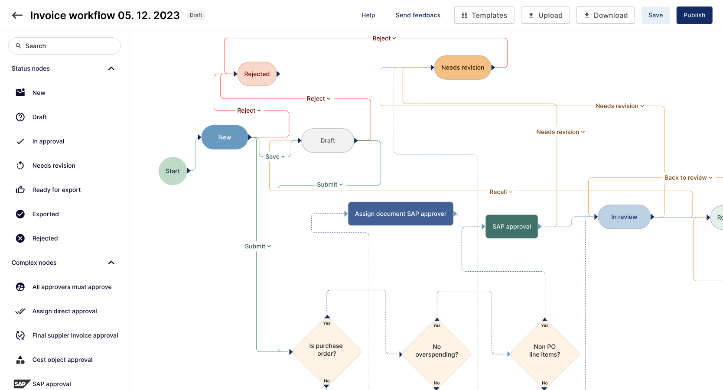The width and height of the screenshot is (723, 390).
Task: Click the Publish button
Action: coord(694,15)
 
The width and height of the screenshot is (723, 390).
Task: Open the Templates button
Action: coord(484,15)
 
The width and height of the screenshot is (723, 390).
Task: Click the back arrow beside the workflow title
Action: coord(17,15)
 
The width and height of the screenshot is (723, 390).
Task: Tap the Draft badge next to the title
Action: coord(195,15)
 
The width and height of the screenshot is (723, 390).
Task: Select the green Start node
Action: coord(173,171)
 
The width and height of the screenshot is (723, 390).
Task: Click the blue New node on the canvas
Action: coord(225,137)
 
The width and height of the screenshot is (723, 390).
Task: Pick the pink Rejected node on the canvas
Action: coord(257,74)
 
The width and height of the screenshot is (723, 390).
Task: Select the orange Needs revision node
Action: coord(462,68)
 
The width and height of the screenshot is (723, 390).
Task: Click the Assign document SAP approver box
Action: coord(401,214)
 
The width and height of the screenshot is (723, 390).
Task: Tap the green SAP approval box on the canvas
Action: coord(511,227)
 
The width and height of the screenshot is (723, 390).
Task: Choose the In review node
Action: coord(624,217)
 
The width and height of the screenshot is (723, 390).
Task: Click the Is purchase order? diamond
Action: coord(326,350)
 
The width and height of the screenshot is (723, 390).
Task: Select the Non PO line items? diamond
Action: coord(544,351)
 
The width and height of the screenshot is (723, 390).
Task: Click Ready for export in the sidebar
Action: coord(56,190)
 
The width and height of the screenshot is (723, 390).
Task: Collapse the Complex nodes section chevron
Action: coord(111,263)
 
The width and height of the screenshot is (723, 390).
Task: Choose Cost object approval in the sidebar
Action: coord(62,360)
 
